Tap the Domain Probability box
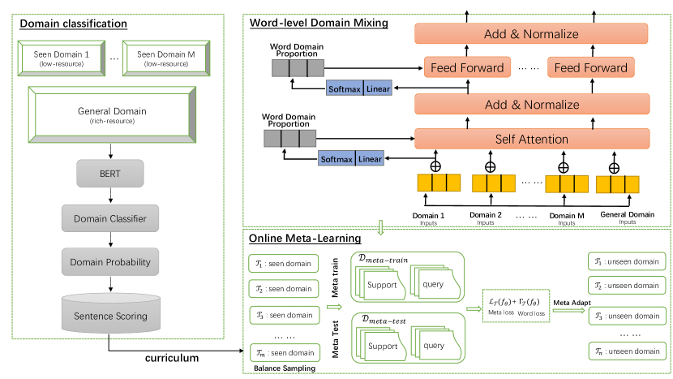[x=109, y=261]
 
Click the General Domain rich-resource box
[x=110, y=114]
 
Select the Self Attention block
[x=531, y=140]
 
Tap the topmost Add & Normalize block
[x=531, y=33]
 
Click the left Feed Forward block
[x=466, y=67]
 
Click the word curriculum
[x=173, y=357]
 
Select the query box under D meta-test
[x=433, y=346]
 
